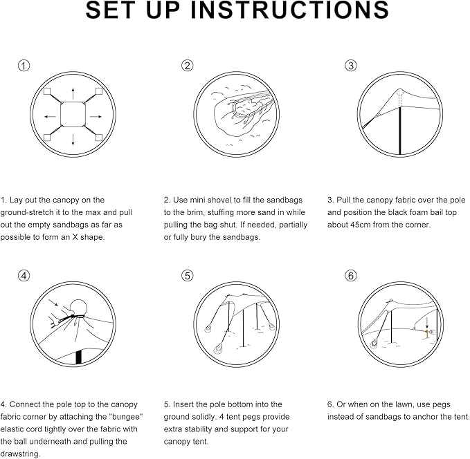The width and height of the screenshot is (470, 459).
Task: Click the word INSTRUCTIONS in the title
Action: (289, 10)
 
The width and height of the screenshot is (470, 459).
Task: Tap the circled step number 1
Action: (24, 66)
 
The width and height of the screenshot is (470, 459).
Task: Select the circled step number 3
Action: (351, 66)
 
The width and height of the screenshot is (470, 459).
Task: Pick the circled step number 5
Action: (188, 276)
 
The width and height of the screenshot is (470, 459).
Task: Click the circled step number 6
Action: (351, 275)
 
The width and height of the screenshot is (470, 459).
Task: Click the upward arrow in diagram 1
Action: (73, 94)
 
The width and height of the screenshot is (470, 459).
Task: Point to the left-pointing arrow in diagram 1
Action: (50, 116)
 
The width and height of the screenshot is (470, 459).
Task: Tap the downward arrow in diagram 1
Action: (73, 140)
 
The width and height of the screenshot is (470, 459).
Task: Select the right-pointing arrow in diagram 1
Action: (96, 116)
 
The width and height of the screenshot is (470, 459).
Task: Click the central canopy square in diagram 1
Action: (73, 114)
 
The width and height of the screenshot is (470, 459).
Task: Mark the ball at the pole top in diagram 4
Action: (78, 308)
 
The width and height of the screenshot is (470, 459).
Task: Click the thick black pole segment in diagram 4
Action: (78, 357)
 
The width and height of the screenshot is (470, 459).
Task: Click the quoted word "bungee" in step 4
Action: (125, 417)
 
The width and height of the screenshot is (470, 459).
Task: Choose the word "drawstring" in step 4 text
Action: (19, 454)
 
